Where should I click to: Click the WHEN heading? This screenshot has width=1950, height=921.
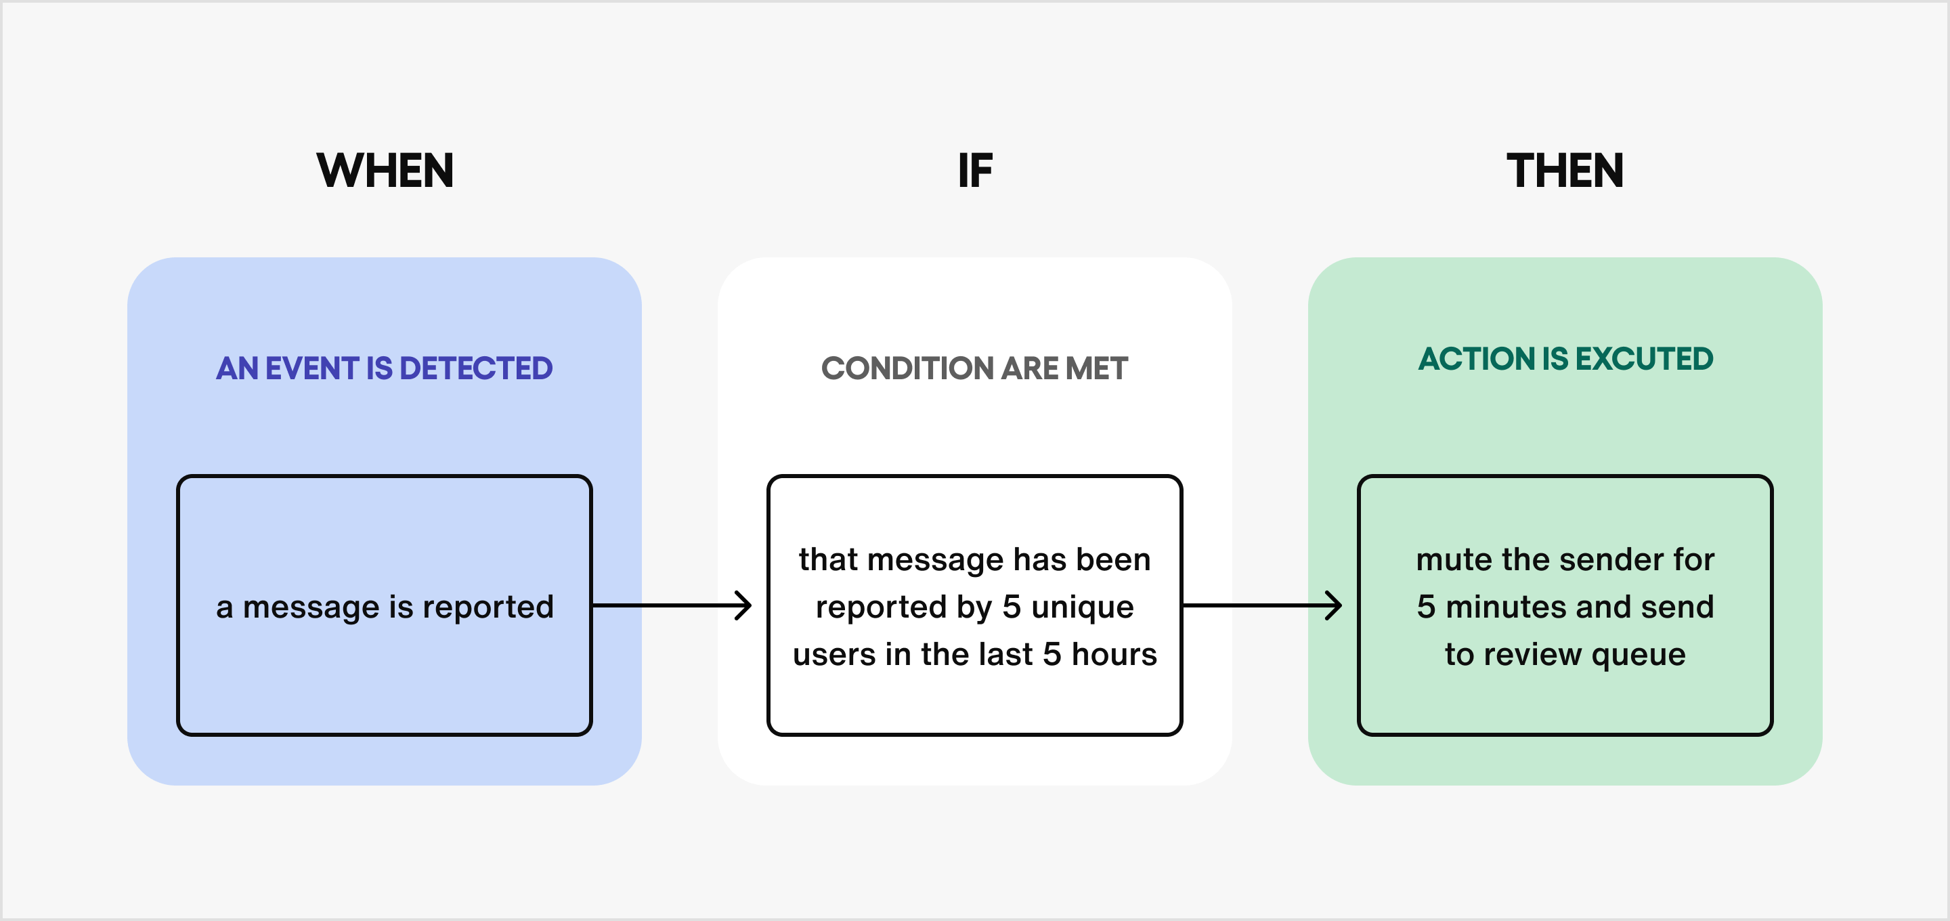[385, 171]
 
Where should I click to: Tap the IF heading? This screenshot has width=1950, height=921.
[974, 171]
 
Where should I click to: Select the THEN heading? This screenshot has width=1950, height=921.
[1565, 171]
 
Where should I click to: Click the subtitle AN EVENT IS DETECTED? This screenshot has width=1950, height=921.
[385, 368]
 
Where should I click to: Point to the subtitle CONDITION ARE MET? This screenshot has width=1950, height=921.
[974, 368]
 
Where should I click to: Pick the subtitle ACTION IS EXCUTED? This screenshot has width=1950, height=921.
[1565, 358]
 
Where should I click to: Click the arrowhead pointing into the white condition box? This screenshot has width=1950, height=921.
[745, 605]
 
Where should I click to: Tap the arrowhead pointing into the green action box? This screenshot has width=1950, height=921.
[1335, 605]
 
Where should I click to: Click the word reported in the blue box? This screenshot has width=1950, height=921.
[487, 607]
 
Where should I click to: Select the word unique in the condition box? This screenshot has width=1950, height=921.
[1083, 607]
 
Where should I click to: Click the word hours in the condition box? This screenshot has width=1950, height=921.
[1114, 654]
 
